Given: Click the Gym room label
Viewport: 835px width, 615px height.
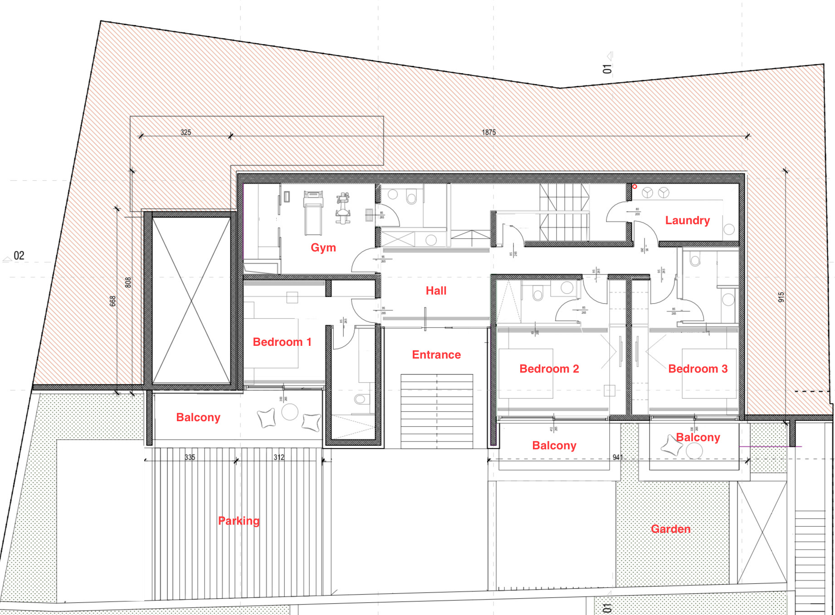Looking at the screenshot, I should tap(323, 248).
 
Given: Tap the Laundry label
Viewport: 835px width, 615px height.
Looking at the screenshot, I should tap(687, 221).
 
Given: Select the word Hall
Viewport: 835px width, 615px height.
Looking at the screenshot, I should tap(436, 291).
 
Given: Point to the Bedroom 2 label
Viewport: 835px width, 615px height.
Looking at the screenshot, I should tap(549, 369).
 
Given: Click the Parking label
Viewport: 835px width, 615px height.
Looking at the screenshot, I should tap(239, 521).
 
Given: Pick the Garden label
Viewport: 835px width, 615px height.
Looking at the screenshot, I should tap(670, 529).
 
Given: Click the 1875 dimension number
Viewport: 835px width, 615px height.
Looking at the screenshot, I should tap(488, 133).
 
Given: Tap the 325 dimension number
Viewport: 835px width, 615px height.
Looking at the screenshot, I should tap(186, 133).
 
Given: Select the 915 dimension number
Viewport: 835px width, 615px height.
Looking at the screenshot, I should tap(781, 297).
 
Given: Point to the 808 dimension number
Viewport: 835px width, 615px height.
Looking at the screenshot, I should tap(128, 282).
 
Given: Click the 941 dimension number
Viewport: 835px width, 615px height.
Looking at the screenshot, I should tap(617, 458).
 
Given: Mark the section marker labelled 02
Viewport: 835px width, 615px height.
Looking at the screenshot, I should tap(19, 256).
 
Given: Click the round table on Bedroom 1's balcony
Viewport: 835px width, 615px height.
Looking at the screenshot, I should tap(289, 412).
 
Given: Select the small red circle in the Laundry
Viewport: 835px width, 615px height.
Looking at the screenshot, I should tap(635, 187).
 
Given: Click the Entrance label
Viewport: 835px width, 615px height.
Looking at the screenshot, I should tap(436, 355).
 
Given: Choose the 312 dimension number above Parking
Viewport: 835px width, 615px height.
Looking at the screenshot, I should tap(279, 458).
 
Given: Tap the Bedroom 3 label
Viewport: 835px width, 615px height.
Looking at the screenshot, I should tap(698, 369).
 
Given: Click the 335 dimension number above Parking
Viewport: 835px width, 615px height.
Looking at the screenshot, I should tap(190, 458).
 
